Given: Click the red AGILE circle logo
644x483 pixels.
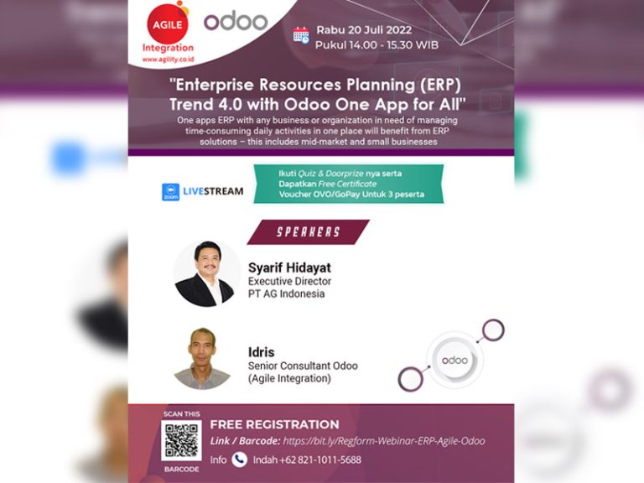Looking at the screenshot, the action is [168, 23].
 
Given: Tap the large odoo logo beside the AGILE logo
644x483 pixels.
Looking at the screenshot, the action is [236, 21].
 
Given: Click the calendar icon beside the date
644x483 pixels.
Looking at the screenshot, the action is [301, 35].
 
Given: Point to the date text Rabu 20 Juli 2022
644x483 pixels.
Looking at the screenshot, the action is [364, 30].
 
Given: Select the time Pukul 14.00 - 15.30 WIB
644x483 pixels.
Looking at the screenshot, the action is [377, 45].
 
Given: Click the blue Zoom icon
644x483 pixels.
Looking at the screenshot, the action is [170, 192].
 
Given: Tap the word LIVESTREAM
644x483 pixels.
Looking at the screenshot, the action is [213, 191].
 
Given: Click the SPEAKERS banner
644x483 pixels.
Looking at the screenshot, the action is [308, 232].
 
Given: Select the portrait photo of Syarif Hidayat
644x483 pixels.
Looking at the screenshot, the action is [206, 273].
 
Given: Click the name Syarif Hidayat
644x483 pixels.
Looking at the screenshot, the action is [289, 267].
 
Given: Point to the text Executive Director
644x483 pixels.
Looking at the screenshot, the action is [289, 282].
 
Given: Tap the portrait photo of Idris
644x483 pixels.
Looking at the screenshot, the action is [202, 358].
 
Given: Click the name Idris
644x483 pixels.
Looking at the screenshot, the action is [262, 352].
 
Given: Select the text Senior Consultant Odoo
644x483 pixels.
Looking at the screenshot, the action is [303, 366].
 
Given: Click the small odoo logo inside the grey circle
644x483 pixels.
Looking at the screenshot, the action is [454, 361].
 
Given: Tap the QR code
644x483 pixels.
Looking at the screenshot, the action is [181, 441].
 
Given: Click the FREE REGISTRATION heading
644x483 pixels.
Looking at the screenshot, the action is [275, 424].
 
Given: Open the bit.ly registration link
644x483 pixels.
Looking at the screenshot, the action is [384, 441].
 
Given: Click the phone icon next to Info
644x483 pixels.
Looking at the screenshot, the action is [239, 460].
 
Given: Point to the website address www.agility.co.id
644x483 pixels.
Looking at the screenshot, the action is [168, 60].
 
